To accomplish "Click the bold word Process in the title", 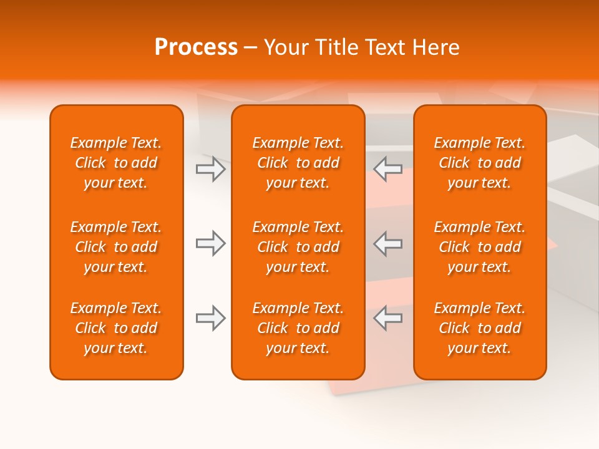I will click(196, 47).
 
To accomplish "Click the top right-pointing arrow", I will click(210, 169).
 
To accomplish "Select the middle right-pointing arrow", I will click(210, 243).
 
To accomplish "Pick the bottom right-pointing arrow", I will click(210, 318).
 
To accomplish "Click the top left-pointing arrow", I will click(387, 169).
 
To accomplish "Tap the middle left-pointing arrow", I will click(387, 243).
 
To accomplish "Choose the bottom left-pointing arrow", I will click(387, 318).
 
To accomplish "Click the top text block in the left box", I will click(116, 163).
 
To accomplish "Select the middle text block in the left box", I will click(116, 247).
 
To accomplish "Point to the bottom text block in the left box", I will click(116, 328).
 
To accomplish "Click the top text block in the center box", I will click(298, 163).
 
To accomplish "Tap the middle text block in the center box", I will click(298, 247).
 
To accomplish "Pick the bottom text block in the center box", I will click(298, 328).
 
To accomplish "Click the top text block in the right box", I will click(480, 163).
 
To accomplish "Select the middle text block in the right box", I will click(480, 247).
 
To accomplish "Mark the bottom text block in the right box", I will click(480, 328).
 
